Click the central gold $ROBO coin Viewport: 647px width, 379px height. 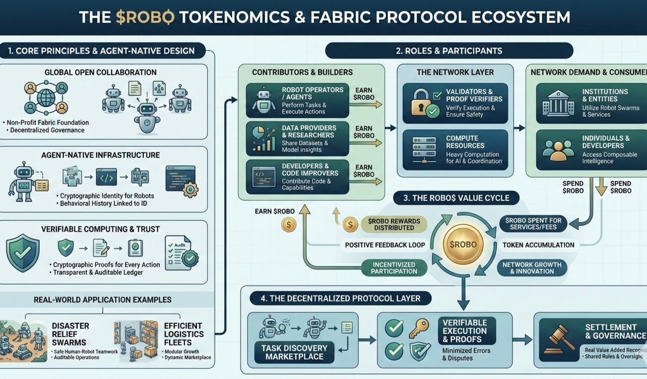tap(463, 245)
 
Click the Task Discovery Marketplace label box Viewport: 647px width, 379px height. tap(294, 352)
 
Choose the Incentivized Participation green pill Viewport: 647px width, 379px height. tap(394, 268)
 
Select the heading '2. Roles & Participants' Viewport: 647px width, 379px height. tap(449, 51)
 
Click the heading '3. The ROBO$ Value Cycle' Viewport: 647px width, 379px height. tap(456, 198)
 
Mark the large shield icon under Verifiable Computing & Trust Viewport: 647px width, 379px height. tap(22, 253)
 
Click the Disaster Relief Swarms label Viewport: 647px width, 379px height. tap(70, 334)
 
